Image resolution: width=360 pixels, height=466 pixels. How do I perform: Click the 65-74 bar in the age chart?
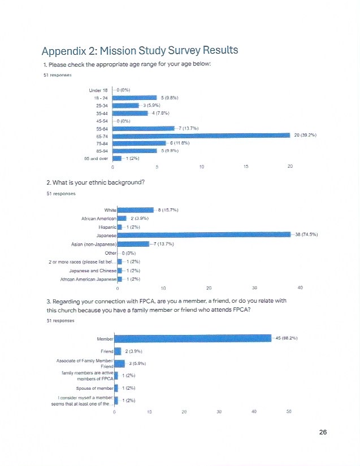pos(202,134)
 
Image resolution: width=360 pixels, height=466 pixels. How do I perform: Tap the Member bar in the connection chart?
pos(193,338)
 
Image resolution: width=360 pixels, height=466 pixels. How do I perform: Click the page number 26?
pos(323,433)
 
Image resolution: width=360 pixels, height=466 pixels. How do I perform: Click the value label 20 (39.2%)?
pos(306,134)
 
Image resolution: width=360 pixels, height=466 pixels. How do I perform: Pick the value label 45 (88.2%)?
pos(287,338)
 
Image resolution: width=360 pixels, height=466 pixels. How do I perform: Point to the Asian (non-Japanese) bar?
pos(133,244)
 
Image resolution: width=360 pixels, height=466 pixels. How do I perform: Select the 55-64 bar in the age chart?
pos(144,128)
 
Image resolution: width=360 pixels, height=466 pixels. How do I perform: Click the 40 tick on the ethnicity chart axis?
pos(300,288)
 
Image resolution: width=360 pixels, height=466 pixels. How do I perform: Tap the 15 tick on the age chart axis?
pos(246,167)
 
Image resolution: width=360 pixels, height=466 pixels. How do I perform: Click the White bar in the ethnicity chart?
pos(135,210)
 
